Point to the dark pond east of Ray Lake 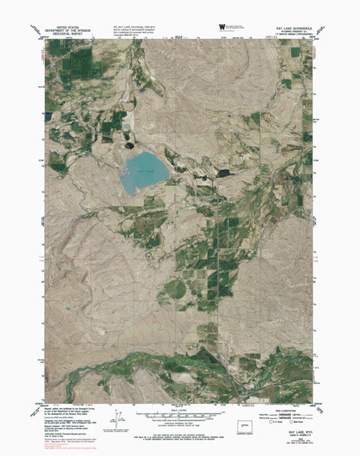(x=222, y=172)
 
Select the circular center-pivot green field (x=175, y=289)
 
